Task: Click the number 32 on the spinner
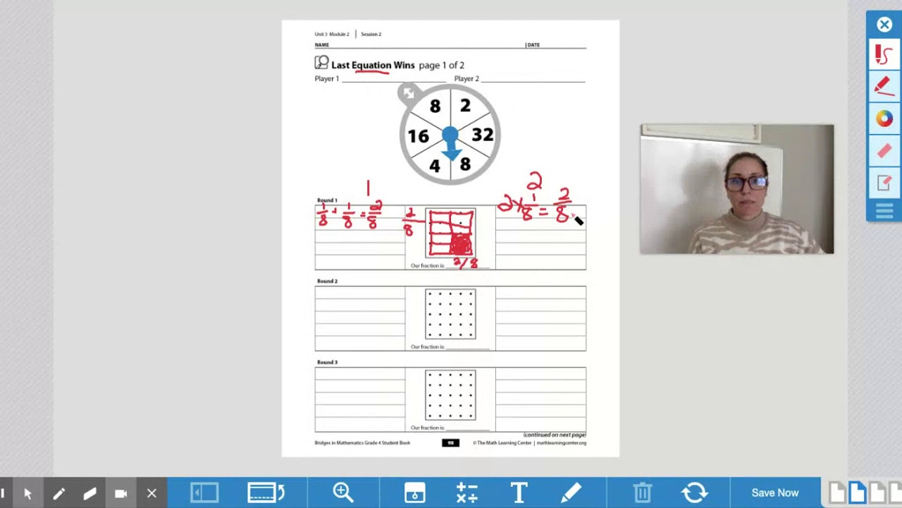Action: pos(482,135)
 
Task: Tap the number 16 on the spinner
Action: pos(418,136)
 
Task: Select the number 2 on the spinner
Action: pos(465,106)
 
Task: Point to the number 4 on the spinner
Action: pos(435,166)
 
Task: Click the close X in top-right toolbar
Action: pos(884,25)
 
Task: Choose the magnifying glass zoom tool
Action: pos(343,492)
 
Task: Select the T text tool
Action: pos(519,492)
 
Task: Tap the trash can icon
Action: pos(642,492)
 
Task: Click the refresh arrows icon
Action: pos(694,492)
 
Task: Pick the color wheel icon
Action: pos(884,119)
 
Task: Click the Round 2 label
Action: pos(327,281)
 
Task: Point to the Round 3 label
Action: pos(327,362)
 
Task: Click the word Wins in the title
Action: pos(404,65)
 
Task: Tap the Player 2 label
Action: pos(467,79)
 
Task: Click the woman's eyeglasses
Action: pos(745,183)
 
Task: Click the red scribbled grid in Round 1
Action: pos(450,233)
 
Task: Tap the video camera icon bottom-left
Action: pos(121,493)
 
